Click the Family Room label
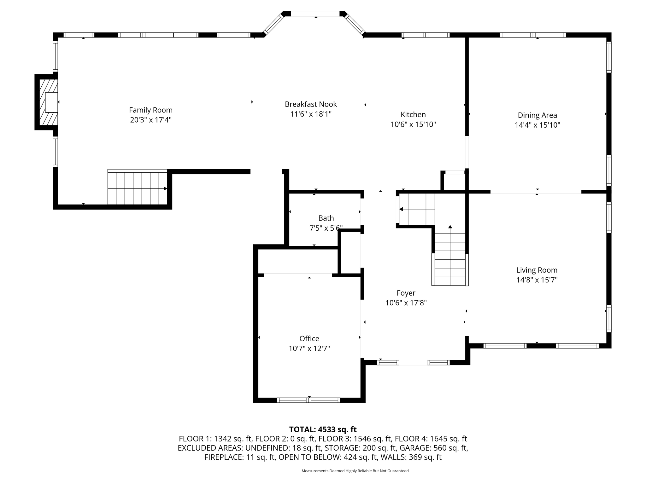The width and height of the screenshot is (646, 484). (x=150, y=110)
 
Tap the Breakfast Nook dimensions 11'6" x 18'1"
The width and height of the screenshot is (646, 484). (x=311, y=114)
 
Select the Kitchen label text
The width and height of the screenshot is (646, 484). (x=413, y=114)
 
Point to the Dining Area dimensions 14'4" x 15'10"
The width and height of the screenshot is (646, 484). (x=537, y=125)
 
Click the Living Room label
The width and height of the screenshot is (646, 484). (x=537, y=270)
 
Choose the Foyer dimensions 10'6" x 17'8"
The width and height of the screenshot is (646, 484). (x=406, y=303)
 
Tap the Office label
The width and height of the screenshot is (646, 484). (x=309, y=338)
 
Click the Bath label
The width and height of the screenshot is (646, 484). (x=326, y=218)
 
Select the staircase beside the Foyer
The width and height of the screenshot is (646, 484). (x=450, y=255)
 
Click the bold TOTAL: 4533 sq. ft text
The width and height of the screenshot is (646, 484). (x=323, y=429)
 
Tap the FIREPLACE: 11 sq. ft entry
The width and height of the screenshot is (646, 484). (x=239, y=457)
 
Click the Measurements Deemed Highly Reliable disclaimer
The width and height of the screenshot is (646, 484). (x=355, y=471)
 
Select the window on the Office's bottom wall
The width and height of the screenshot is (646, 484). (x=308, y=400)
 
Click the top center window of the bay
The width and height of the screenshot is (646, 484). (x=315, y=14)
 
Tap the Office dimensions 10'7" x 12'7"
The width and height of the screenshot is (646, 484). (x=309, y=349)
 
